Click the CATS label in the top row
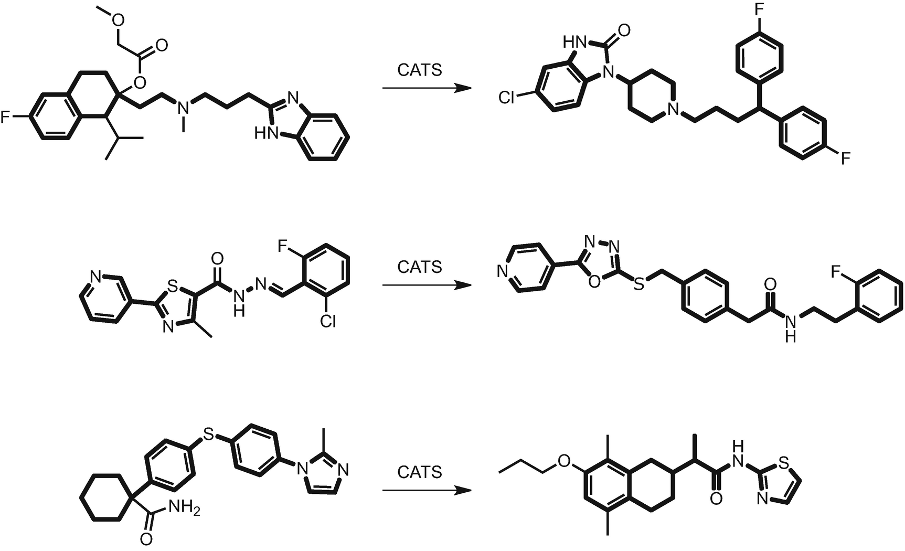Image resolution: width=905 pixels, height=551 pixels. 420,70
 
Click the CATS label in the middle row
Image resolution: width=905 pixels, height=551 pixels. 420,267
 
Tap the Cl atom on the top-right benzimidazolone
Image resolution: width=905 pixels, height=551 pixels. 507,98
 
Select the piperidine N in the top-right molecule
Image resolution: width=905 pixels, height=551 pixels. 674,109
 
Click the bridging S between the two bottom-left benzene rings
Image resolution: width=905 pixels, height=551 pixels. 209,434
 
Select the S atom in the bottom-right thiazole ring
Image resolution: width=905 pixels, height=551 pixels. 784,462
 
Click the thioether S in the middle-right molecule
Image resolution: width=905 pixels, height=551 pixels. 638,284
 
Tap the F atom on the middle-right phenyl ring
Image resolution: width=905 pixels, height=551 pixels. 836,271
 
